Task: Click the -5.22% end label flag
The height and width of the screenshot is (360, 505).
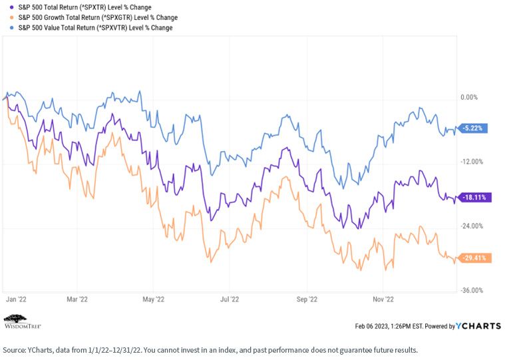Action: [x=472, y=128]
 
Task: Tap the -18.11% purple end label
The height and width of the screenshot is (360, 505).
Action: [x=474, y=198]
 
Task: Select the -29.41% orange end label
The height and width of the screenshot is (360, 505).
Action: [x=474, y=258]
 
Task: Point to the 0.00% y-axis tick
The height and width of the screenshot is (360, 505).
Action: [x=469, y=97]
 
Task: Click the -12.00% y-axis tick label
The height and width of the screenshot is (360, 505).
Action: [x=472, y=162]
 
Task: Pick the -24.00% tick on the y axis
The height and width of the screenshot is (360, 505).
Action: [x=472, y=226]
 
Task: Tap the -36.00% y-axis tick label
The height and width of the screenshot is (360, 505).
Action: [x=472, y=290]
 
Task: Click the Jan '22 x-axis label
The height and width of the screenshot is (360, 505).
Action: [x=16, y=299]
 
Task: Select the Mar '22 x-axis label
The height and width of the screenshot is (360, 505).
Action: [x=77, y=299]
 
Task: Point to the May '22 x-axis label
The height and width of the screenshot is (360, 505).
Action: [x=153, y=299]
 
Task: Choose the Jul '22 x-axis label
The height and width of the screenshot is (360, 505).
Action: [x=230, y=299]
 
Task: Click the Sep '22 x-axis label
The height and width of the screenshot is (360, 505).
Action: [x=307, y=299]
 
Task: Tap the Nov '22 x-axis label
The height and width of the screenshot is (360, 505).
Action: [x=383, y=299]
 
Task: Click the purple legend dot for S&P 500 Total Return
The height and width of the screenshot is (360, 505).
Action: [x=12, y=7]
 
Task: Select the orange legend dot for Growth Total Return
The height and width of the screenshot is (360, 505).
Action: [x=12, y=17]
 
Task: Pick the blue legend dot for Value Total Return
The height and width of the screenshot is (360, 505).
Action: [x=12, y=28]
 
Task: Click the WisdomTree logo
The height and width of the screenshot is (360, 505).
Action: [x=22, y=321]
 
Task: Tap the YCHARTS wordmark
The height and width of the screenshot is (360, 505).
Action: [x=478, y=326]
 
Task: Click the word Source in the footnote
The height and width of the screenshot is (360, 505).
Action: [x=13, y=350]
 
